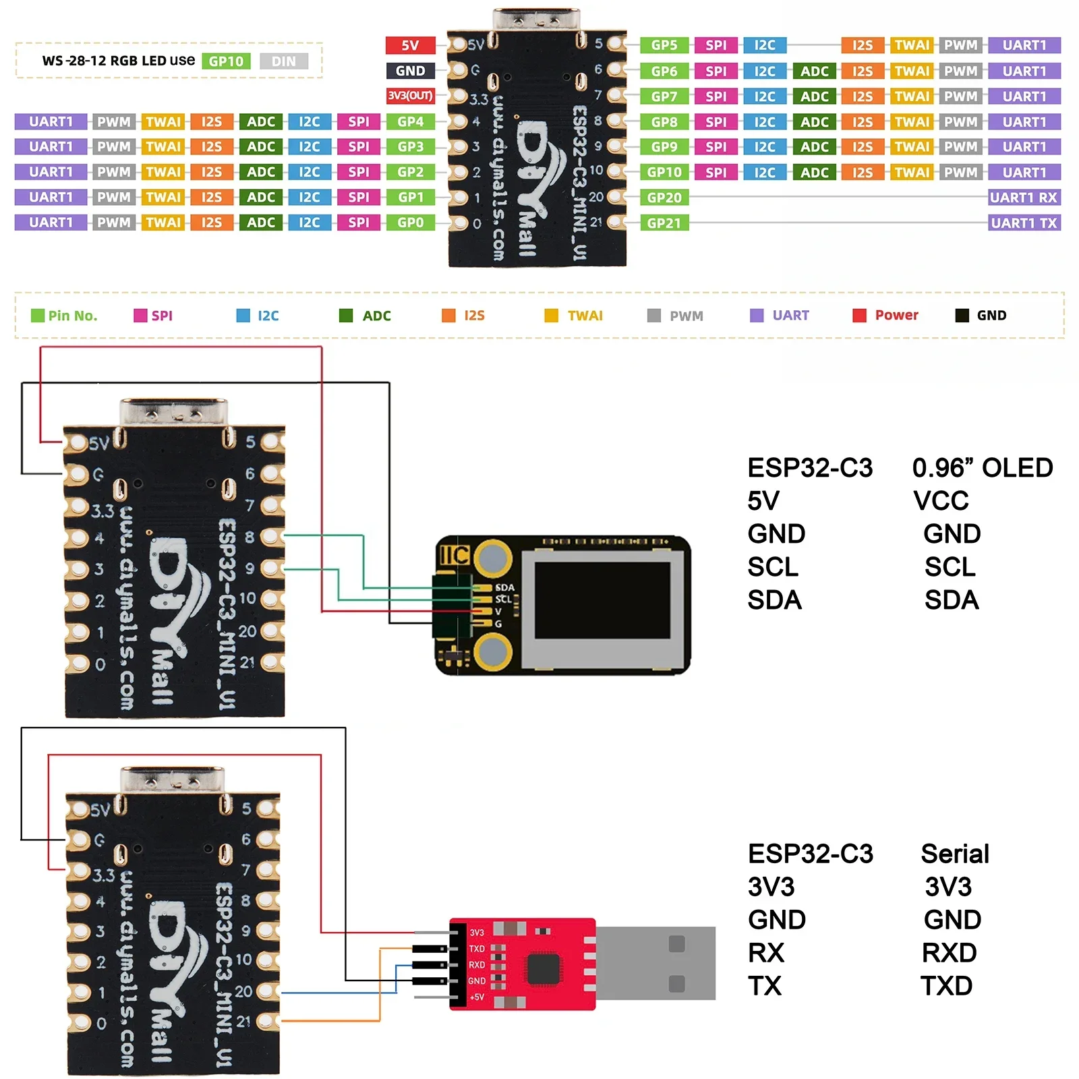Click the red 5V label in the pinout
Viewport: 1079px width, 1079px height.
410,45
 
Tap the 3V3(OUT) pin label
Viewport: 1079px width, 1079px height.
410,96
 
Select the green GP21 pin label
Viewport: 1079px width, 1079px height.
664,223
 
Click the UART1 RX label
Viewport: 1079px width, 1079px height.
1024,198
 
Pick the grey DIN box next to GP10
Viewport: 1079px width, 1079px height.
283,61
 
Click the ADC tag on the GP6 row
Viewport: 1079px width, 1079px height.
814,71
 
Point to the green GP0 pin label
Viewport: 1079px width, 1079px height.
410,223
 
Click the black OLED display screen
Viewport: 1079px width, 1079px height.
602,600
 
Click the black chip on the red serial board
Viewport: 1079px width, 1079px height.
544,970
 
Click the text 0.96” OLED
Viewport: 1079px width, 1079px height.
982,468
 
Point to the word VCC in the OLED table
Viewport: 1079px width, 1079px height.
941,501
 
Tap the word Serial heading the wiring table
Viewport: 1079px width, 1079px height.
954,854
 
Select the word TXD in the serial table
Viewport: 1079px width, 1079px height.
946,986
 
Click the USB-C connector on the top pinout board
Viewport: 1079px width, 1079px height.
536,19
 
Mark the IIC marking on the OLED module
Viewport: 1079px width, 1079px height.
454,555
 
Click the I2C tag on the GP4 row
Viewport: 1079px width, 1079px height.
310,122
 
